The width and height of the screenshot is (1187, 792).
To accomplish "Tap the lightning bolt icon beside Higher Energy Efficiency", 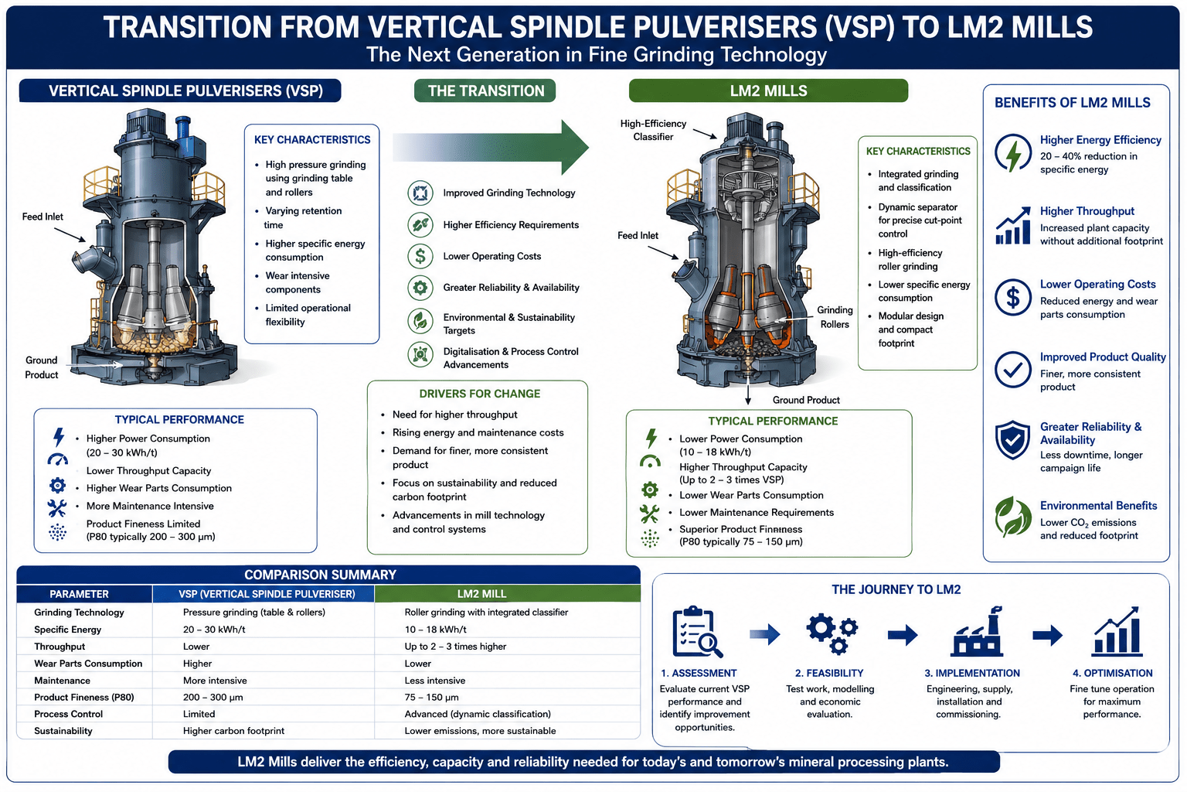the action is pos(1012,154).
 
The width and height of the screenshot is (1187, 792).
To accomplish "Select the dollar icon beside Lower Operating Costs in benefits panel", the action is pos(1012,298).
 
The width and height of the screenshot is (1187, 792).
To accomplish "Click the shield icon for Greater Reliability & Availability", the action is pos(1012,440).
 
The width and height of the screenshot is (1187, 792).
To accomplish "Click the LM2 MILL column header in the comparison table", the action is pos(481,594).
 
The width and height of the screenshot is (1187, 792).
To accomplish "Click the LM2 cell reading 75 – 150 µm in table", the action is pos(431,697).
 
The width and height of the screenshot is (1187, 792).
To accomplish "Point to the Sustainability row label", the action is pos(63,731).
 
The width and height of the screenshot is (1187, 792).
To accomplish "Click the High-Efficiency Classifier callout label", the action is pos(653,130).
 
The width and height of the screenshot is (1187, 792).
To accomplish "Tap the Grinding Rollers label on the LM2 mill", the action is pos(835,316).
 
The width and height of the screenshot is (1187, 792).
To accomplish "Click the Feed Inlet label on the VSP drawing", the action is pos(43,217).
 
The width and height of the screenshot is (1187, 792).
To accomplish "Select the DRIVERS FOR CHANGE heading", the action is pos(480,394).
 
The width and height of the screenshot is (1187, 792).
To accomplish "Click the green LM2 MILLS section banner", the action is pos(768,90).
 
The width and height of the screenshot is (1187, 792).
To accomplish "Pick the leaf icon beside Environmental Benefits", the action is pos(1012,517).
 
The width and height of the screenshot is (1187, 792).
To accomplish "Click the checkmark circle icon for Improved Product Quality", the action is pos(1012,370).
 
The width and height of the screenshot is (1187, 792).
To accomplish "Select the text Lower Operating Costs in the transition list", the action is pos(491,256).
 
